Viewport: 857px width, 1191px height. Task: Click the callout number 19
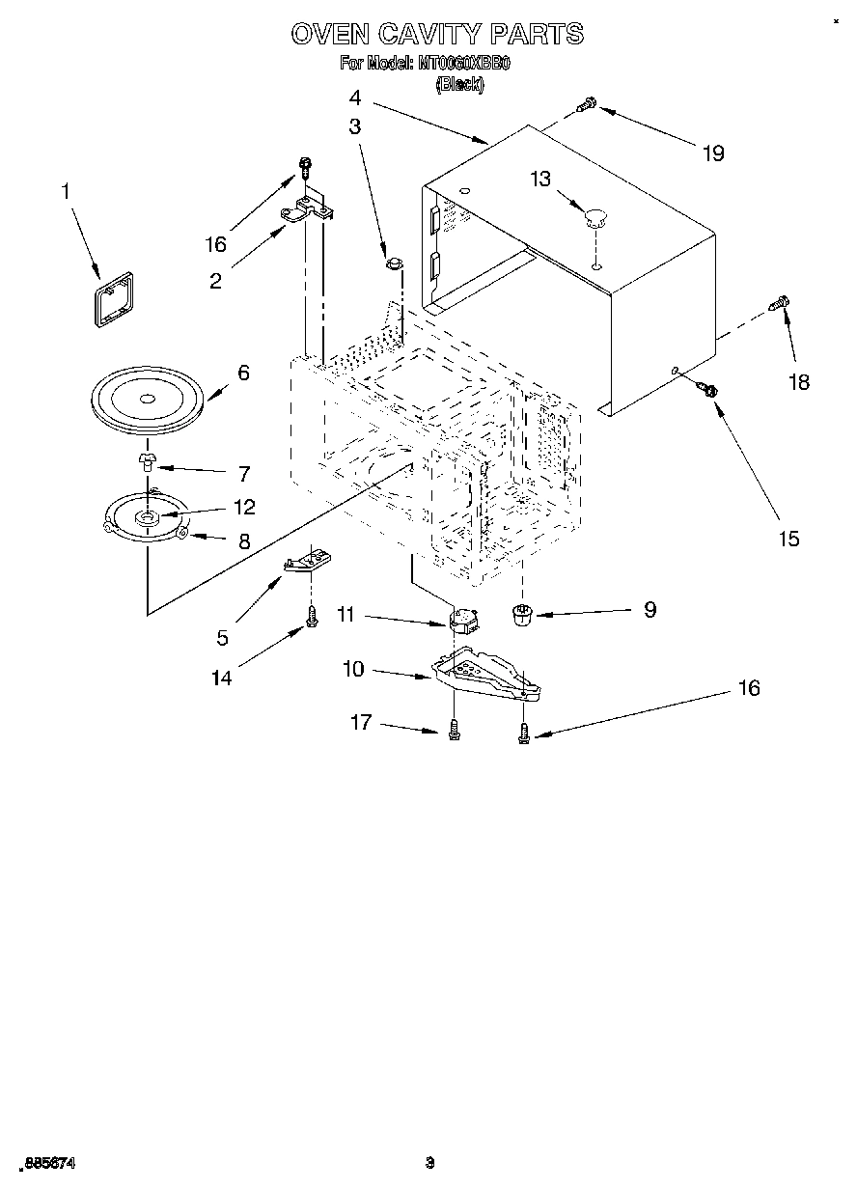click(713, 153)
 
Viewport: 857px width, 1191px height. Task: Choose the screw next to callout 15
click(707, 389)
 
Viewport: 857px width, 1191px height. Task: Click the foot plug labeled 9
click(522, 614)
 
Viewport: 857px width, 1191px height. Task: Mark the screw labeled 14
click(312, 619)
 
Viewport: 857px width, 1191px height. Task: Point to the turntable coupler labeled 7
click(147, 459)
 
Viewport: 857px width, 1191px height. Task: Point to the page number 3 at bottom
click(430, 1163)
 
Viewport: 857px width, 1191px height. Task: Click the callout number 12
click(244, 507)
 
